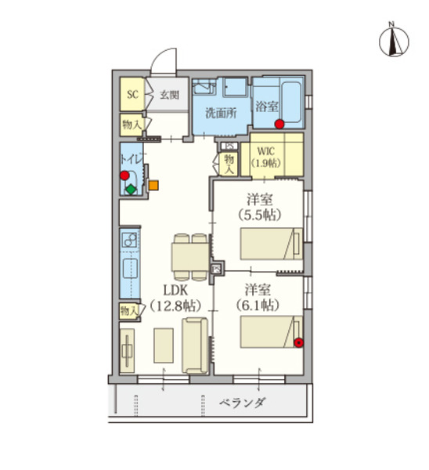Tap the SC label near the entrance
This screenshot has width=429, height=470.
[132, 95]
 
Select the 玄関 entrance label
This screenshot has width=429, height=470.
[169, 96]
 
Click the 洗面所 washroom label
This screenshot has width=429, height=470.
[221, 112]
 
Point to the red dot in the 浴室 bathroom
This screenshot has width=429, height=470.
[279, 123]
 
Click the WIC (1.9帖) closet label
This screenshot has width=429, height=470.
[266, 157]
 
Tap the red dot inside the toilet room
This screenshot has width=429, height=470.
[124, 175]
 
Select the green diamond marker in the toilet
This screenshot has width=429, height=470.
[130, 190]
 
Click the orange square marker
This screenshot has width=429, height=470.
[153, 186]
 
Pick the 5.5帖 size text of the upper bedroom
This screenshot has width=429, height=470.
[260, 214]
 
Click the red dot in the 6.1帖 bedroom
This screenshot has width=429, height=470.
[298, 341]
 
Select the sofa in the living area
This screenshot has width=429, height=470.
[195, 345]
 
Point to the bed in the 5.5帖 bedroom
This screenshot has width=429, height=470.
[271, 244]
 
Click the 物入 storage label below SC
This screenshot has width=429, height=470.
[131, 124]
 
